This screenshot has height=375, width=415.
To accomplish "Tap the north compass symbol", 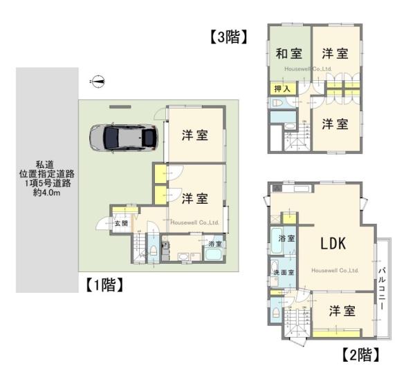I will pyautogui.click(x=99, y=81).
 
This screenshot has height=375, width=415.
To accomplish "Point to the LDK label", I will pyautogui.click(x=337, y=243).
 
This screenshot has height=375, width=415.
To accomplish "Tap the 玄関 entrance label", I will pyautogui.click(x=121, y=223).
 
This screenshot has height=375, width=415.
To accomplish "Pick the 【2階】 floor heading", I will pyautogui.click(x=359, y=355).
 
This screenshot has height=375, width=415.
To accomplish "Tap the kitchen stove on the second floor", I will pyautogui.click(x=277, y=187).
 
